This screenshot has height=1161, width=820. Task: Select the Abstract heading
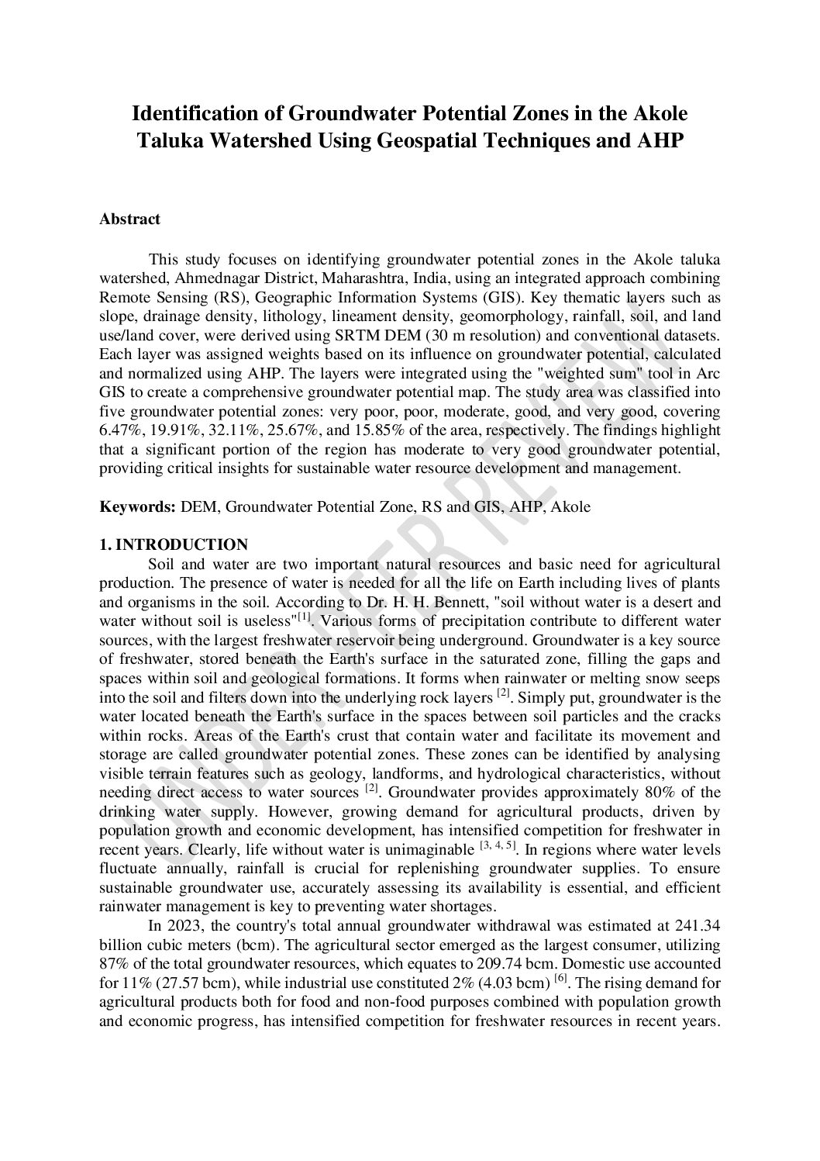pos(129,219)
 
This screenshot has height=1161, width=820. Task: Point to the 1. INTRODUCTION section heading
pos(174,544)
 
